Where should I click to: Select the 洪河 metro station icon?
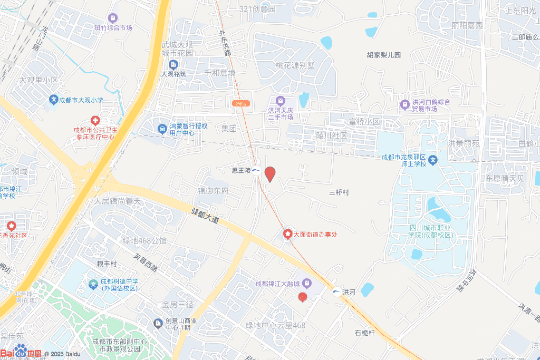pos(336,291)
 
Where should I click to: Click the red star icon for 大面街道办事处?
pos(288,233)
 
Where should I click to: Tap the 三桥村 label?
pos(339,192)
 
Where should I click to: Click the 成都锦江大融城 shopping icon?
pos(306,284)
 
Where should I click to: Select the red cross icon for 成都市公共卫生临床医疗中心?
pos(95,121)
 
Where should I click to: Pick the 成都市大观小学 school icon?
pos(53,99)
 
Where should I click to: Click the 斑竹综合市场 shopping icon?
pos(112,18)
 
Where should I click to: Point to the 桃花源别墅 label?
pos(295,65)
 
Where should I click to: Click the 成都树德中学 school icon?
pos(93,285)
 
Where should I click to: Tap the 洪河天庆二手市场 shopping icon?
pos(280,101)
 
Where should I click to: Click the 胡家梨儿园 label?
pos(384,55)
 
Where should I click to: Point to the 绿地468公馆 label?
pos(144,241)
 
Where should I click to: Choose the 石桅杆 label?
pos(364,333)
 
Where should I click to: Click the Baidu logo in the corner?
pos(21,353)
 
